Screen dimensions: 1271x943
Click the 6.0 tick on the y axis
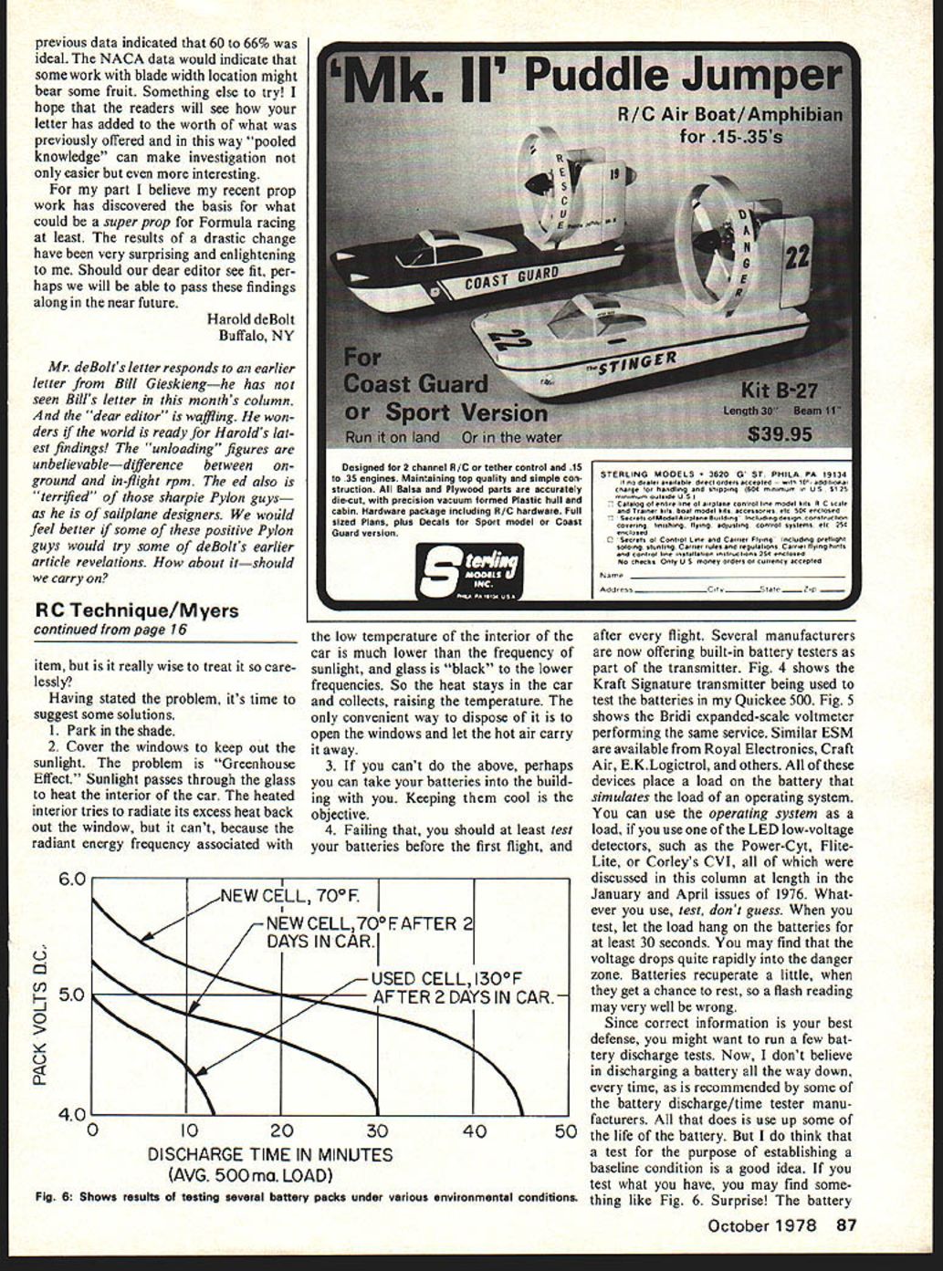(x=70, y=880)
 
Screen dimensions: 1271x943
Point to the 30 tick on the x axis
(x=377, y=1132)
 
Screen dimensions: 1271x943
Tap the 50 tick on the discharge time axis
(x=565, y=1132)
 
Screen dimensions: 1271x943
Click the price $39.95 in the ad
(x=780, y=434)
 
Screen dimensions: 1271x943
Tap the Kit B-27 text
(x=779, y=391)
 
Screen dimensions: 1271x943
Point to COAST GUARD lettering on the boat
(x=511, y=277)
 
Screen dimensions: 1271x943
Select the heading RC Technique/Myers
(x=136, y=610)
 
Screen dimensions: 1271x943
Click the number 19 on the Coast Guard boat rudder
(x=614, y=174)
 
